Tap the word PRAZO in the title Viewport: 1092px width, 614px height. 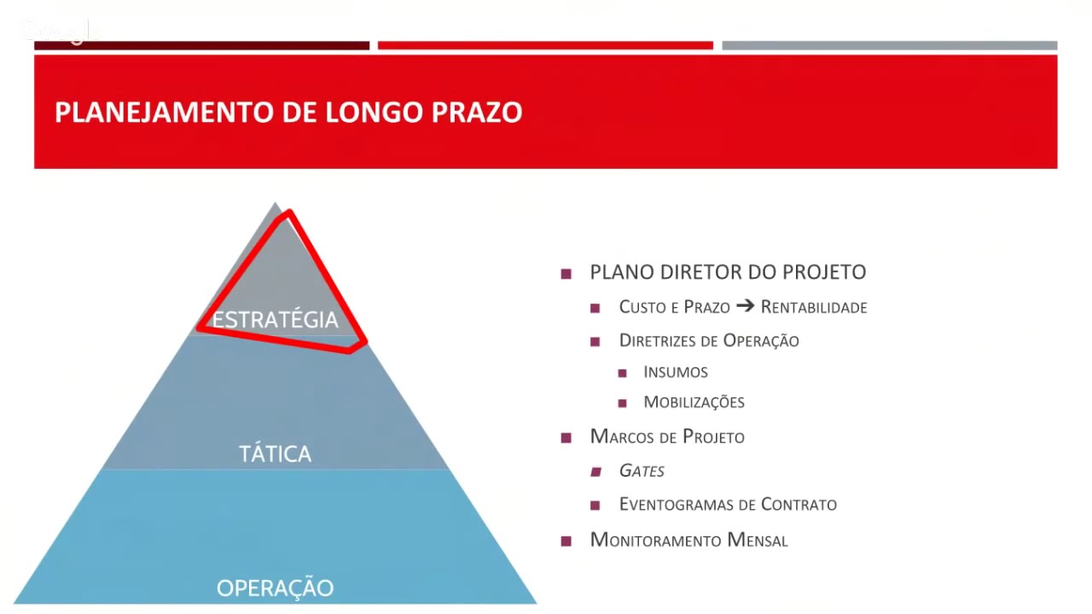point(477,113)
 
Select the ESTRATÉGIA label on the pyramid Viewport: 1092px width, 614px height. point(275,320)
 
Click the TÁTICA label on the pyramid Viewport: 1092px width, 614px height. point(275,454)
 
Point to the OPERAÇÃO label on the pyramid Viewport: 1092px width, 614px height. point(275,588)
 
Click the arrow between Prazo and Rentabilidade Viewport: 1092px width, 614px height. point(745,306)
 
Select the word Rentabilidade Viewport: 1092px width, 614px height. point(814,307)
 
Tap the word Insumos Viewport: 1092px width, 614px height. point(676,372)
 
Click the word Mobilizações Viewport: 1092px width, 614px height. point(694,402)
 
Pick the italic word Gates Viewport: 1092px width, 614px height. point(642,471)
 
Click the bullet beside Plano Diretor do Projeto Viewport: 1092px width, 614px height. point(566,274)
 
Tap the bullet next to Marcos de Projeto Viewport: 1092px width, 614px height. point(566,438)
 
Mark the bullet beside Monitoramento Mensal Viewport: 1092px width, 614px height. point(566,541)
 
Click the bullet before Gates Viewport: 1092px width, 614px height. point(595,472)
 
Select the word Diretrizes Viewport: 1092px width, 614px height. point(659,341)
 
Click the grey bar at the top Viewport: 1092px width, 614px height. point(889,45)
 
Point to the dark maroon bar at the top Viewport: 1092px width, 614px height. point(201,45)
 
